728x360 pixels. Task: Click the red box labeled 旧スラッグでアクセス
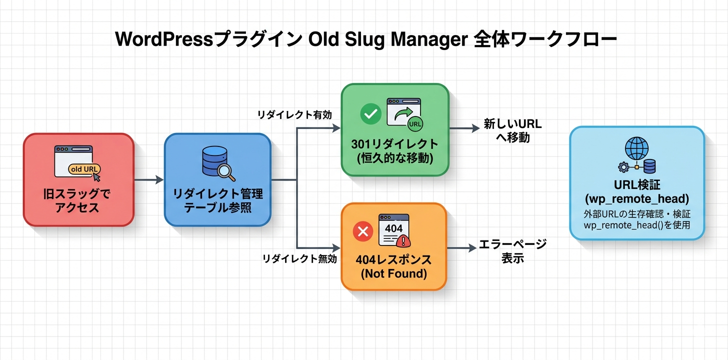tap(78, 180)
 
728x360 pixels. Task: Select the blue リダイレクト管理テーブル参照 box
tap(217, 180)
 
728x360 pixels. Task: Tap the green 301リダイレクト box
tap(394, 130)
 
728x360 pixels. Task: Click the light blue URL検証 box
tap(636, 183)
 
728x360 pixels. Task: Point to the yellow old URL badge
tap(83, 169)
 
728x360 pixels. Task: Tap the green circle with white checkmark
tap(370, 114)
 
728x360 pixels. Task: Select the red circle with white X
tap(363, 231)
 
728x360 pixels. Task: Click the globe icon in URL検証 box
tap(636, 148)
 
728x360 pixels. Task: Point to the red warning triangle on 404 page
tap(403, 241)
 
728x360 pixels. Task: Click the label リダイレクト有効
tap(294, 115)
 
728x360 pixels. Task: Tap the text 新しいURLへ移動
tap(512, 130)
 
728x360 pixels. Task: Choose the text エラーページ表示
tap(512, 251)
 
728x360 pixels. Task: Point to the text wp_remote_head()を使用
tap(636, 225)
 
